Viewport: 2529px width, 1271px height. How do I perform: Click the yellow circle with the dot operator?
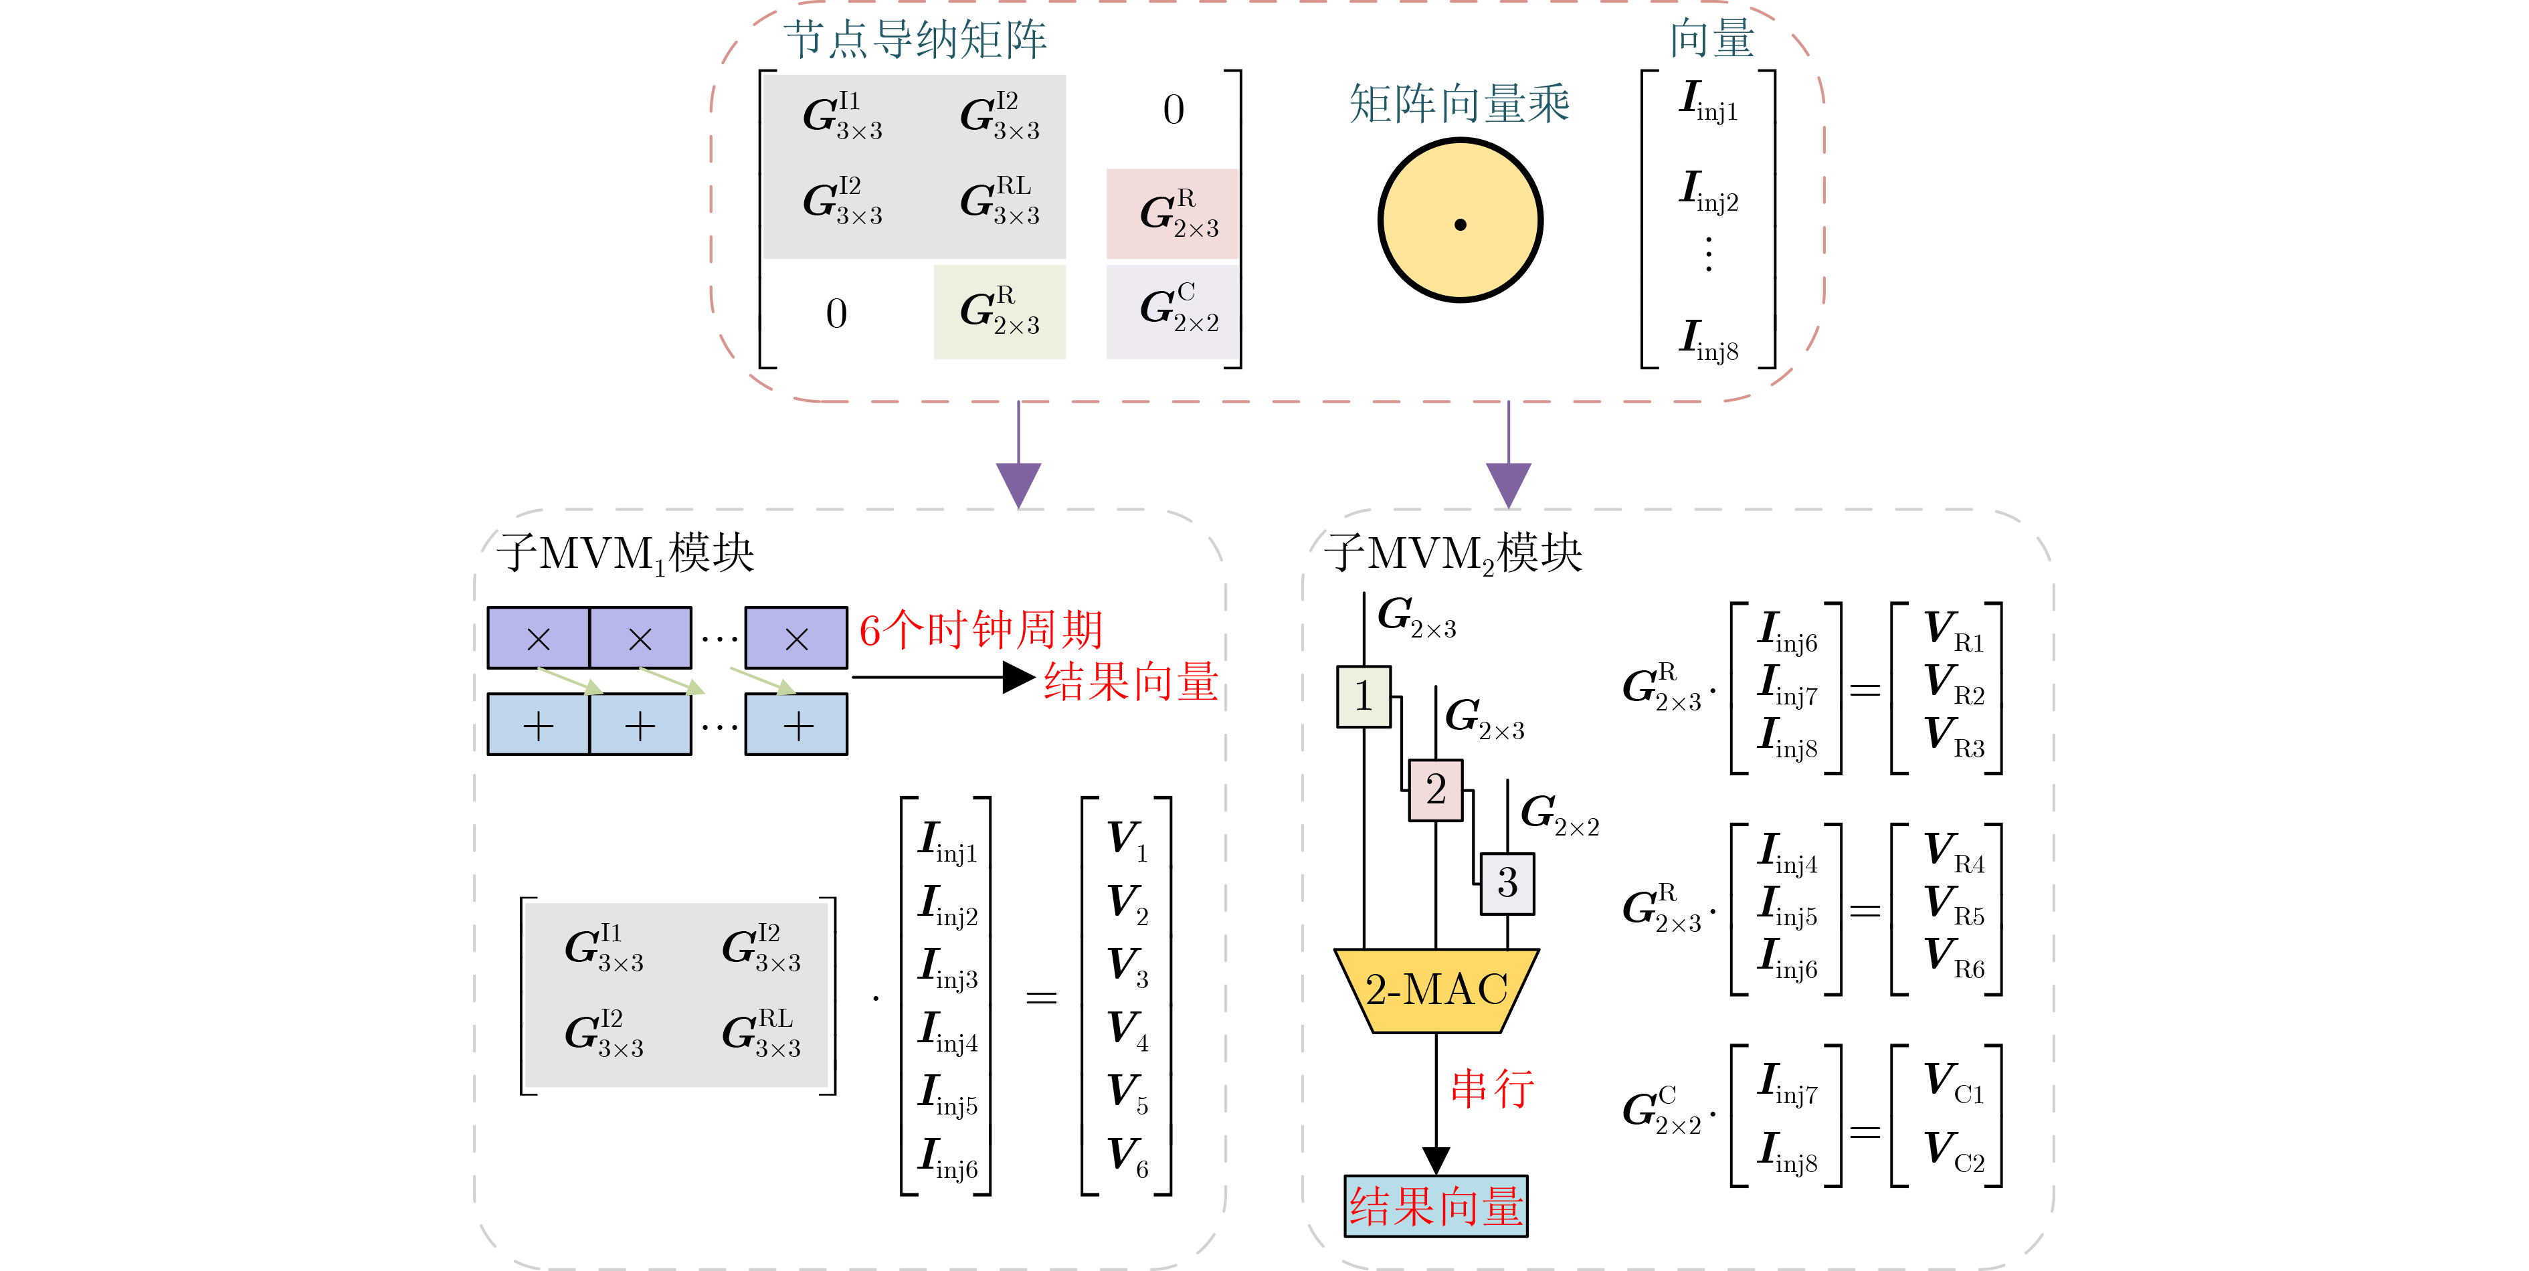click(x=1460, y=221)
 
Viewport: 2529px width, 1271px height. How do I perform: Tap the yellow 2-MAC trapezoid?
click(x=1436, y=990)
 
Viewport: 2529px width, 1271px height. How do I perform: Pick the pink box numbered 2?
click(x=1435, y=790)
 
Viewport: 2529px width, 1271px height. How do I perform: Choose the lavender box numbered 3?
click(x=1507, y=883)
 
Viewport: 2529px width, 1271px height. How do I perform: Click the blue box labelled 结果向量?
click(x=1435, y=1206)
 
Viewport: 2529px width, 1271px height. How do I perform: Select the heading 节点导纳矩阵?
click(x=915, y=40)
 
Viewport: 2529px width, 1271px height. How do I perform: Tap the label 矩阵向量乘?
click(x=1460, y=104)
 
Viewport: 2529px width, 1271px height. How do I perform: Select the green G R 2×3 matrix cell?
click(x=1000, y=311)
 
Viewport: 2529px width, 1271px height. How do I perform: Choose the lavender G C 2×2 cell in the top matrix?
click(x=1174, y=311)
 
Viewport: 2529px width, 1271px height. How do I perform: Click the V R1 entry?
click(x=1953, y=629)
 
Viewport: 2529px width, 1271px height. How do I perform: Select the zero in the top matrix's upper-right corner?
click(x=1174, y=110)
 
